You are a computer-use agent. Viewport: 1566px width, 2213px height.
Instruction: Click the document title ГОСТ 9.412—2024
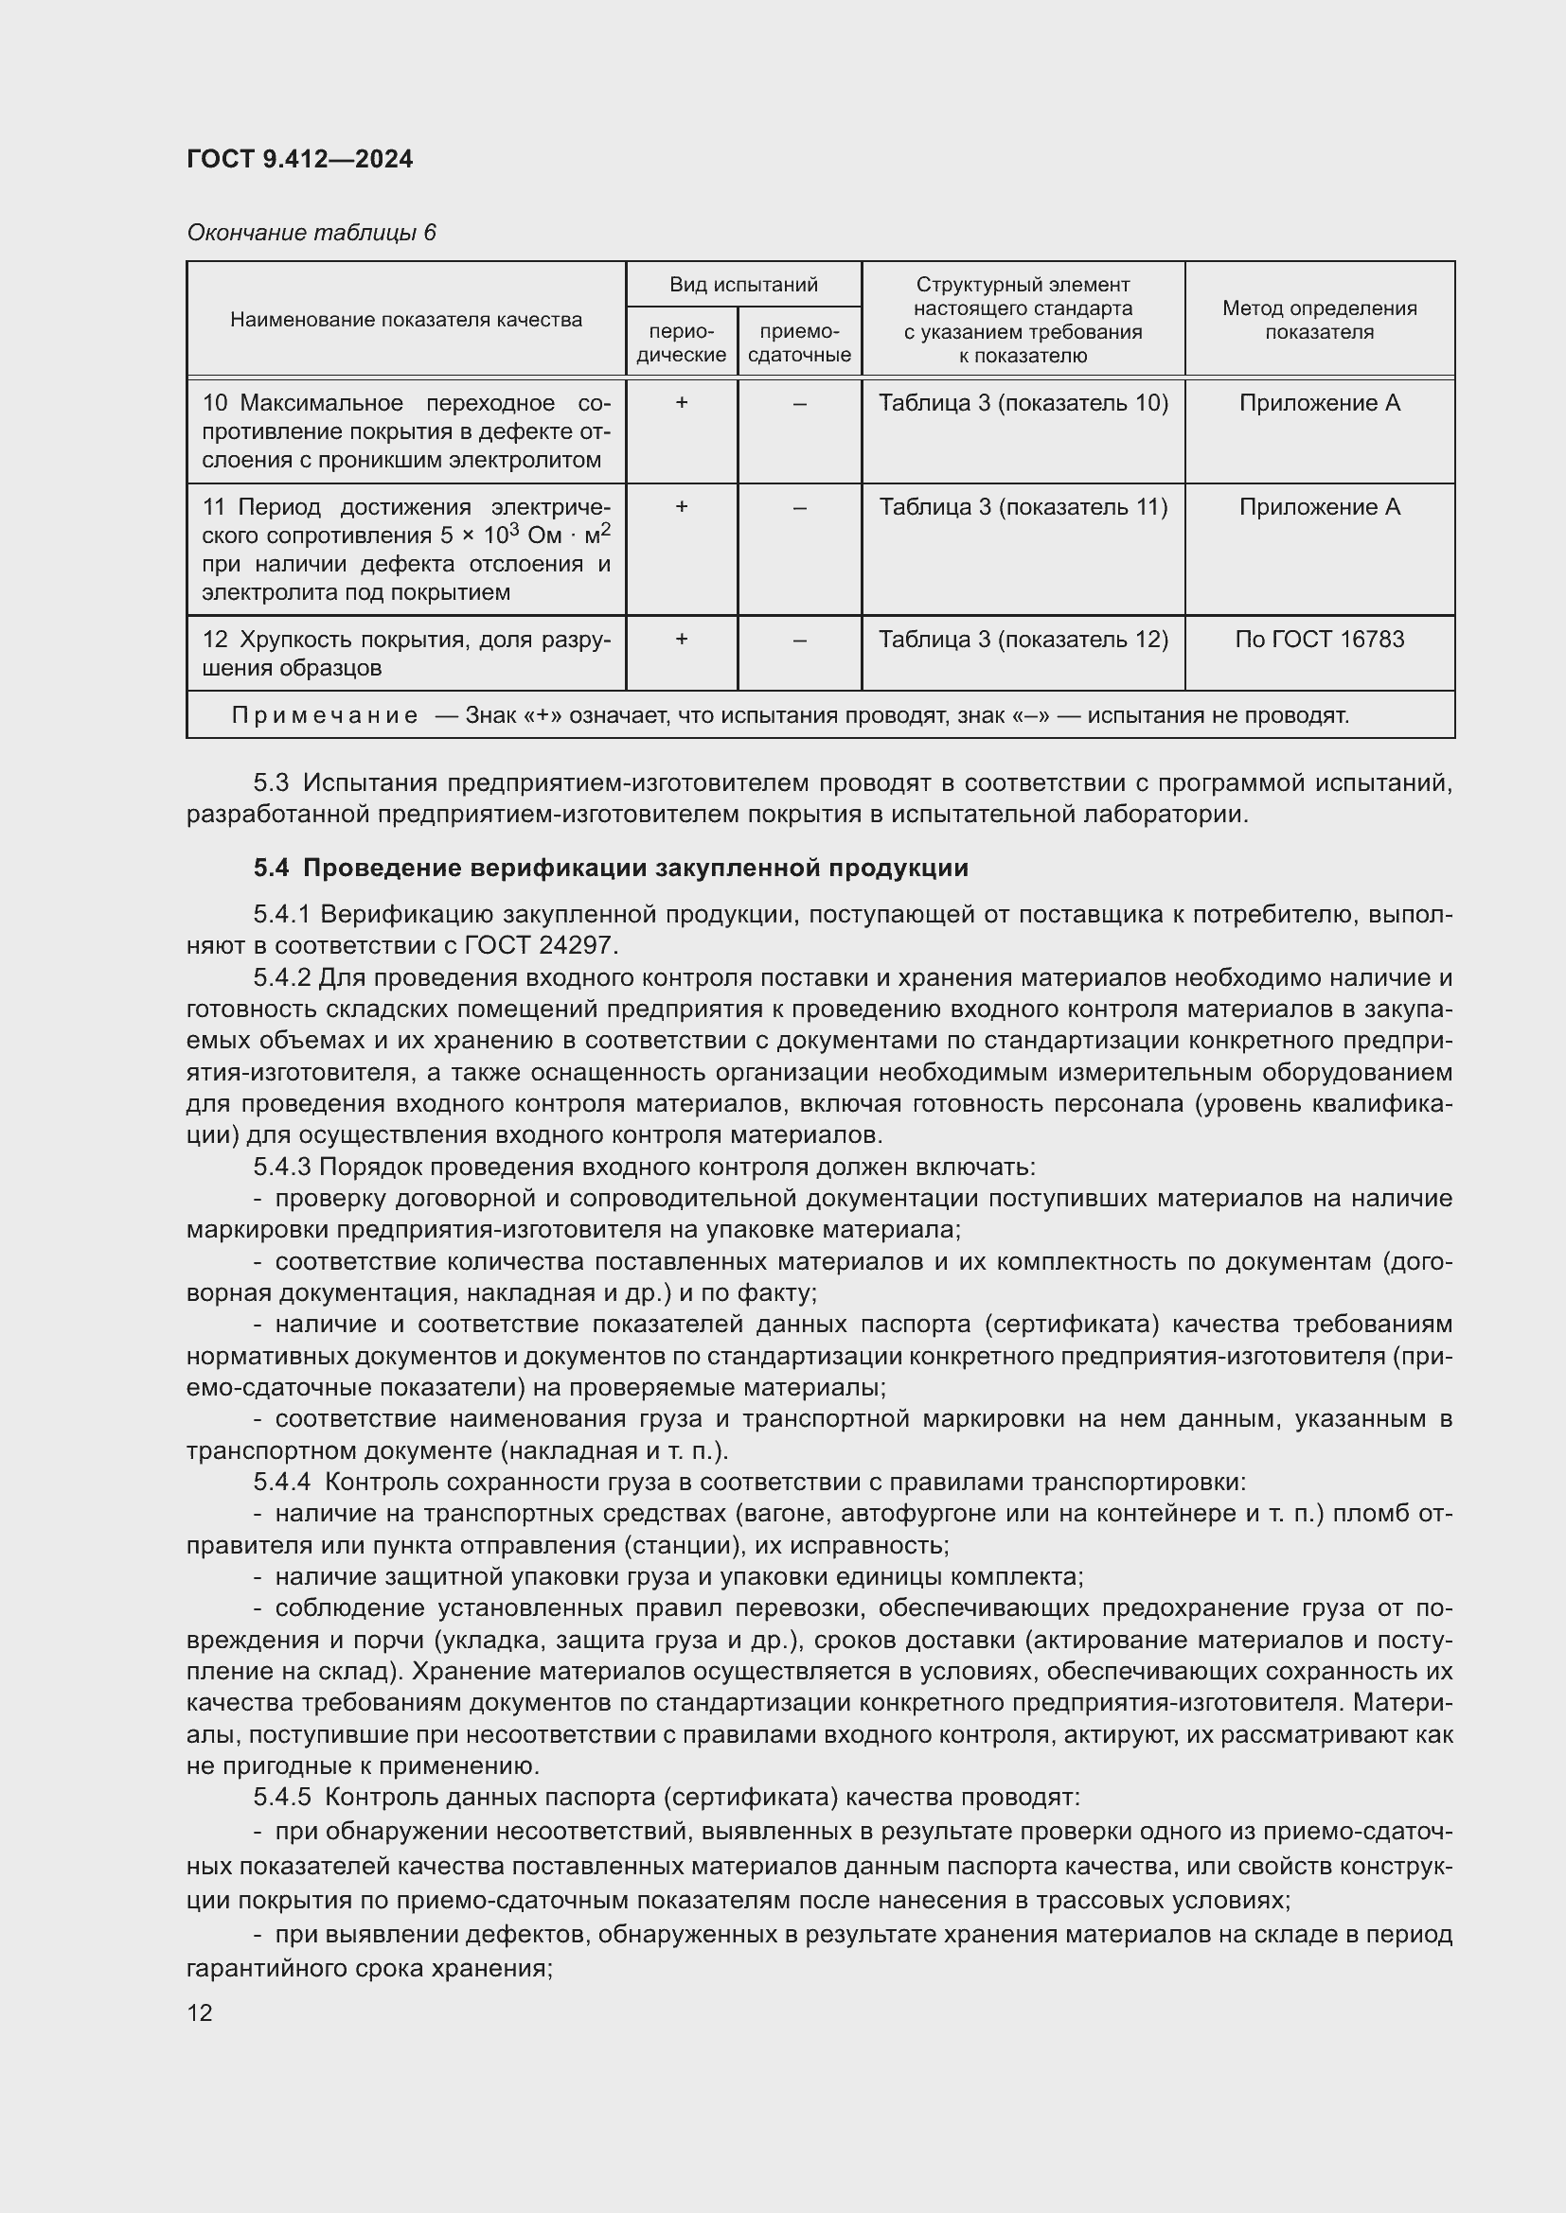pos(299,159)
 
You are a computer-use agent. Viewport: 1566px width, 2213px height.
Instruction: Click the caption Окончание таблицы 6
pos(311,233)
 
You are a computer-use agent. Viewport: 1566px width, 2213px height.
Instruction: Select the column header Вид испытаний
pos(742,285)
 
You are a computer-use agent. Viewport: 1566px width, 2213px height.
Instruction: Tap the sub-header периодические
pos(681,342)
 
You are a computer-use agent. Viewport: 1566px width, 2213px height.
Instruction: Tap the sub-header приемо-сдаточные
pos(799,342)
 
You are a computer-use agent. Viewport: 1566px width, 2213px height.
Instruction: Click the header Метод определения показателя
pos(1318,319)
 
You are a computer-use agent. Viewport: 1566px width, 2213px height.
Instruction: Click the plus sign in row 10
pos(681,403)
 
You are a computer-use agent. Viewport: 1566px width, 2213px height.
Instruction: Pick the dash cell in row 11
pos(799,507)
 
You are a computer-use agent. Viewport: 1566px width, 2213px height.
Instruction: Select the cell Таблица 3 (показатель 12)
pos(1023,639)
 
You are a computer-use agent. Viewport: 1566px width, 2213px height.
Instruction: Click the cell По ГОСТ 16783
pos(1318,639)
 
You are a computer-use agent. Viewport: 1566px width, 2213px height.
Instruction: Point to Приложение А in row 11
pos(1318,507)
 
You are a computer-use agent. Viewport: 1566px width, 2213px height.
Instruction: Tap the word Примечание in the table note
pos(324,715)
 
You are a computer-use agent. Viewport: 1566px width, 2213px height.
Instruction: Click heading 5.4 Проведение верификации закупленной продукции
pos(611,868)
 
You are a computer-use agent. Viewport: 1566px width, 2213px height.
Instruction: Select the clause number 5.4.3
pos(281,1167)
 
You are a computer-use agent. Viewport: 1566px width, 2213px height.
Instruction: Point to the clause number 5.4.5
pos(281,1798)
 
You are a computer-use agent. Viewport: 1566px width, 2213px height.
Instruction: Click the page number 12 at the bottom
pos(200,2012)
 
